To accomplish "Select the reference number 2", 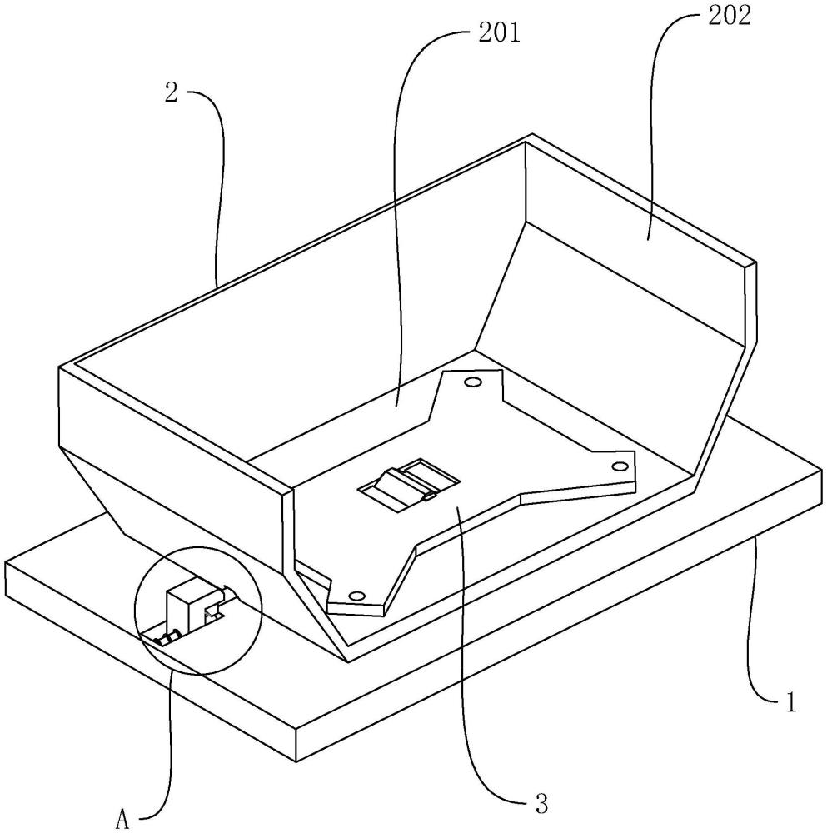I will (172, 92).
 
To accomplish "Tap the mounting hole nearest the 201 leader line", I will (474, 382).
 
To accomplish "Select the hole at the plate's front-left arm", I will (357, 596).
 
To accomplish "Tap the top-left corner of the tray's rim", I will (61, 367).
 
